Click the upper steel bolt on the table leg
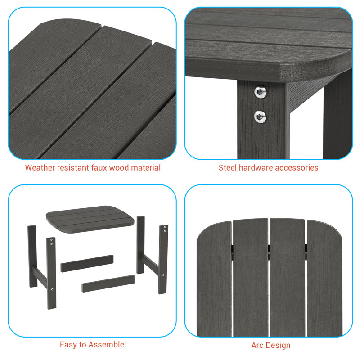coord(261,92)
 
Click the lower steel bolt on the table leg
coord(260,117)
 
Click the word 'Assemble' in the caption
coord(106,344)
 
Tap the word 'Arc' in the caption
coord(257,345)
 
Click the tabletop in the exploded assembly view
coord(90,219)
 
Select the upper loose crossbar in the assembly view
coord(87,263)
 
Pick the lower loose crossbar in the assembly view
coord(108,283)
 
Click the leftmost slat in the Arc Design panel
coord(214,279)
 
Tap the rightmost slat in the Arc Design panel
coord(324,279)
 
